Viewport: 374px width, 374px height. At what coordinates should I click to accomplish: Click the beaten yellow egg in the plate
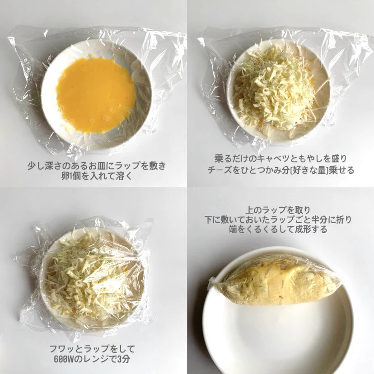pyautogui.click(x=96, y=95)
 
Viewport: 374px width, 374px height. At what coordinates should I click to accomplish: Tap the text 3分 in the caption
pyautogui.click(x=127, y=360)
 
